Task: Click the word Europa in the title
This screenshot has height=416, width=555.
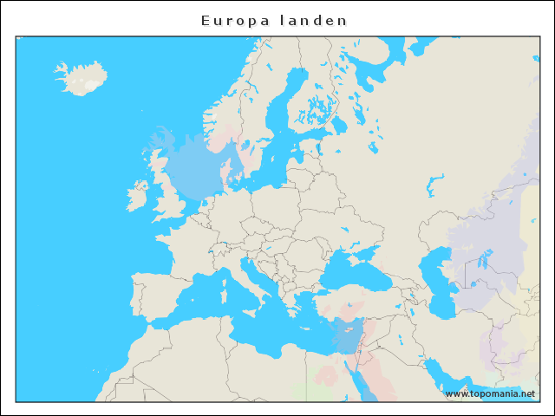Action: [x=228, y=20]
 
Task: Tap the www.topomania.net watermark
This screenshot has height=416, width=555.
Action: [x=490, y=393]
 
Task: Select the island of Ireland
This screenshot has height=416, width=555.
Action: [x=136, y=196]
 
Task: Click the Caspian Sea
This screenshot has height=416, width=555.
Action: [x=438, y=277]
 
